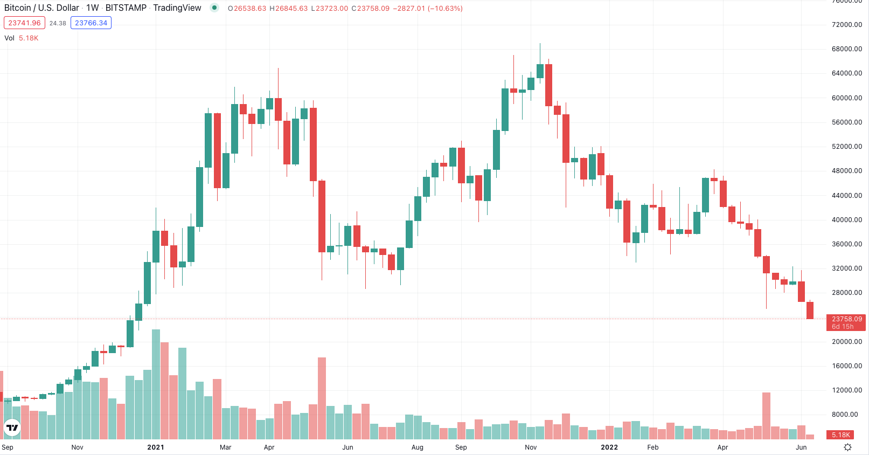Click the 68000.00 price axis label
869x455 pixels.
click(846, 49)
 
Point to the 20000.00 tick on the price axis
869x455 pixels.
click(846, 342)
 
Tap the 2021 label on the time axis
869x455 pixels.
click(156, 447)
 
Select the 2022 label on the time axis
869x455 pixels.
click(609, 447)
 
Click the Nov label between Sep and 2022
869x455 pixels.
click(531, 447)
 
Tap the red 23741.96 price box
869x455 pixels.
click(24, 23)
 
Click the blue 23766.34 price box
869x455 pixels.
click(91, 23)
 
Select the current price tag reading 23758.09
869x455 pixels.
click(846, 319)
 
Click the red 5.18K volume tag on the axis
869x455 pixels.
click(840, 435)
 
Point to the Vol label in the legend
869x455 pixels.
click(9, 38)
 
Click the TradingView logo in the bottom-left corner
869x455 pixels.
click(12, 428)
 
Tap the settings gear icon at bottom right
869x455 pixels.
click(847, 447)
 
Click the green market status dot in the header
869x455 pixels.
click(214, 8)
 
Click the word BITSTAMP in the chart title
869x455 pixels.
click(126, 8)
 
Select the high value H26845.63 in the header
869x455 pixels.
click(288, 9)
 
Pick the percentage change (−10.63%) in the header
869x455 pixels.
click(445, 9)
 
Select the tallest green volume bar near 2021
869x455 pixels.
click(156, 384)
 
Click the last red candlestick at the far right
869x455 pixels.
click(810, 310)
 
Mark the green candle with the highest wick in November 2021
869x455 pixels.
click(540, 71)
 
